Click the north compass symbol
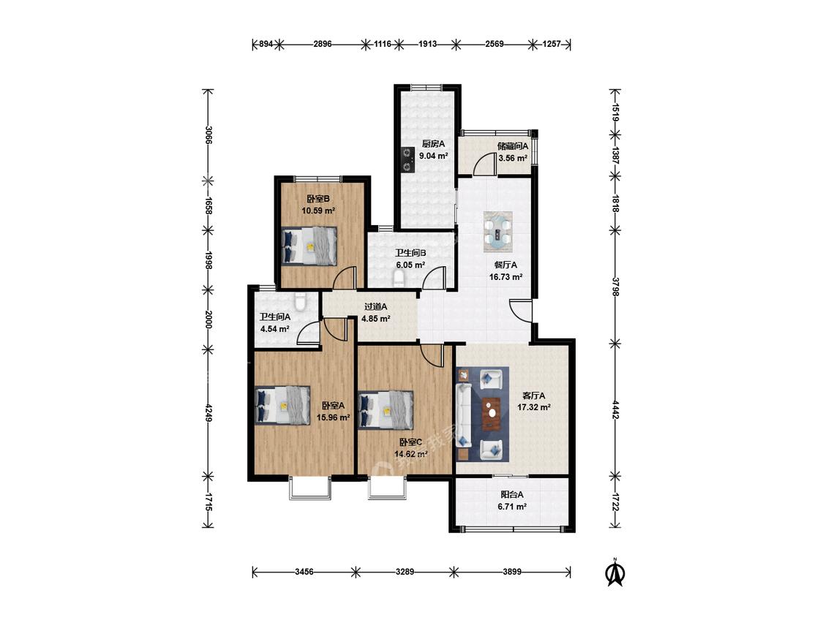point(615,572)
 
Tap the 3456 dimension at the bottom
point(304,572)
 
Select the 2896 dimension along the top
point(323,44)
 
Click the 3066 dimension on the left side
point(208,135)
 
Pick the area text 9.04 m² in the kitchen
point(434,155)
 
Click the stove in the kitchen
point(407,159)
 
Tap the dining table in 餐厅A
point(497,230)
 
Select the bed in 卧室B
point(309,246)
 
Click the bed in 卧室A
point(282,406)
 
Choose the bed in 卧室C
point(386,410)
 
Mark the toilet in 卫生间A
point(300,301)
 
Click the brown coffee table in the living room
point(492,414)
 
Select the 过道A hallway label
point(376,306)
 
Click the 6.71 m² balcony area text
point(512,507)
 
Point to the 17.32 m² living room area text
point(534,406)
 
